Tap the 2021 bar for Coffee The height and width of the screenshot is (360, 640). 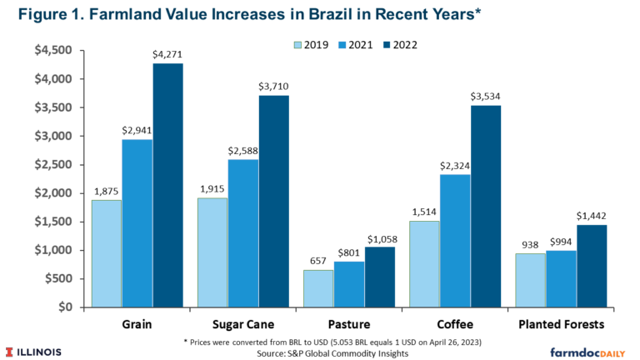click(453, 241)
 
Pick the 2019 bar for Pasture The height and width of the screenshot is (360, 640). click(317, 288)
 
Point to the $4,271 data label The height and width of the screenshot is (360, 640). click(167, 55)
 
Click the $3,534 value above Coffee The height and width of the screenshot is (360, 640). click(485, 97)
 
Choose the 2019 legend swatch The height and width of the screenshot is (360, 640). click(298, 44)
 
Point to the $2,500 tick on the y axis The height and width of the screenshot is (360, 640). click(56, 164)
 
